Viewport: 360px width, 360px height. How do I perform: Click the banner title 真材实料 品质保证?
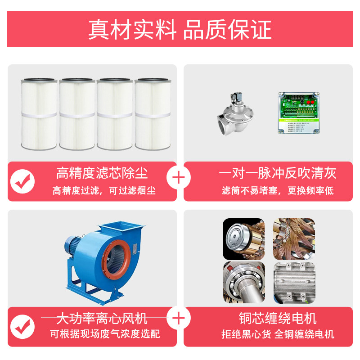[180, 29]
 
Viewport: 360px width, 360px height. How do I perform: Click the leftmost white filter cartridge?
[39, 114]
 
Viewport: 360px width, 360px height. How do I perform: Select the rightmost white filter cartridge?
[153, 114]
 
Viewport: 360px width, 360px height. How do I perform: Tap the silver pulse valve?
[235, 114]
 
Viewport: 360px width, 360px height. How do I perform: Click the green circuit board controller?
[298, 113]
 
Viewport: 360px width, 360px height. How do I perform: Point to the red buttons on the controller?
[310, 102]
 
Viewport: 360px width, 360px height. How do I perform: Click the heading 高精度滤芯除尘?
[102, 173]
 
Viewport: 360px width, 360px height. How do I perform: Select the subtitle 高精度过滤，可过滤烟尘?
[104, 190]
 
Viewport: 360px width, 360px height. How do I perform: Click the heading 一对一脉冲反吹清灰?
[277, 173]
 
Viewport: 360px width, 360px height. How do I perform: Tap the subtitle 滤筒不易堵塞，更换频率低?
[278, 190]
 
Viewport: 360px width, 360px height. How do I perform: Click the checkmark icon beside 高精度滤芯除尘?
[22, 181]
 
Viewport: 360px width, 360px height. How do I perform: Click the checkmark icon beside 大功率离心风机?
[22, 327]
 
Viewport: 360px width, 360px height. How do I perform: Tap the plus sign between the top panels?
[178, 178]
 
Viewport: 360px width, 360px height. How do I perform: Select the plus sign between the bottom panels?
[178, 319]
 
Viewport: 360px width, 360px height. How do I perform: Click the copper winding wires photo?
[294, 239]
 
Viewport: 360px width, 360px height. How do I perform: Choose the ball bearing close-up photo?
[244, 283]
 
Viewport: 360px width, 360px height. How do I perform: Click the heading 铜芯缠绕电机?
[278, 319]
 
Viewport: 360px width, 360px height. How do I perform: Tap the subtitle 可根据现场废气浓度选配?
[105, 334]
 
